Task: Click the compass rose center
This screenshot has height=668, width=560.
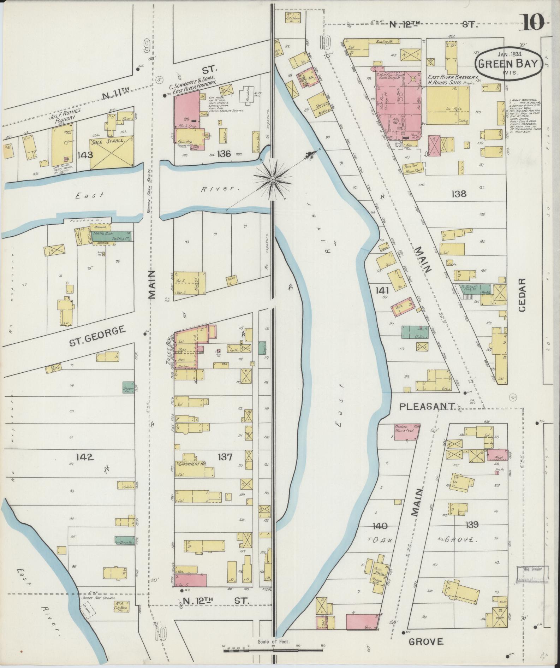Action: pos(273,180)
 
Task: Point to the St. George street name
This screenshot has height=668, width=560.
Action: pos(98,336)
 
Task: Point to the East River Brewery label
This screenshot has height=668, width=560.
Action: pos(452,77)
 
